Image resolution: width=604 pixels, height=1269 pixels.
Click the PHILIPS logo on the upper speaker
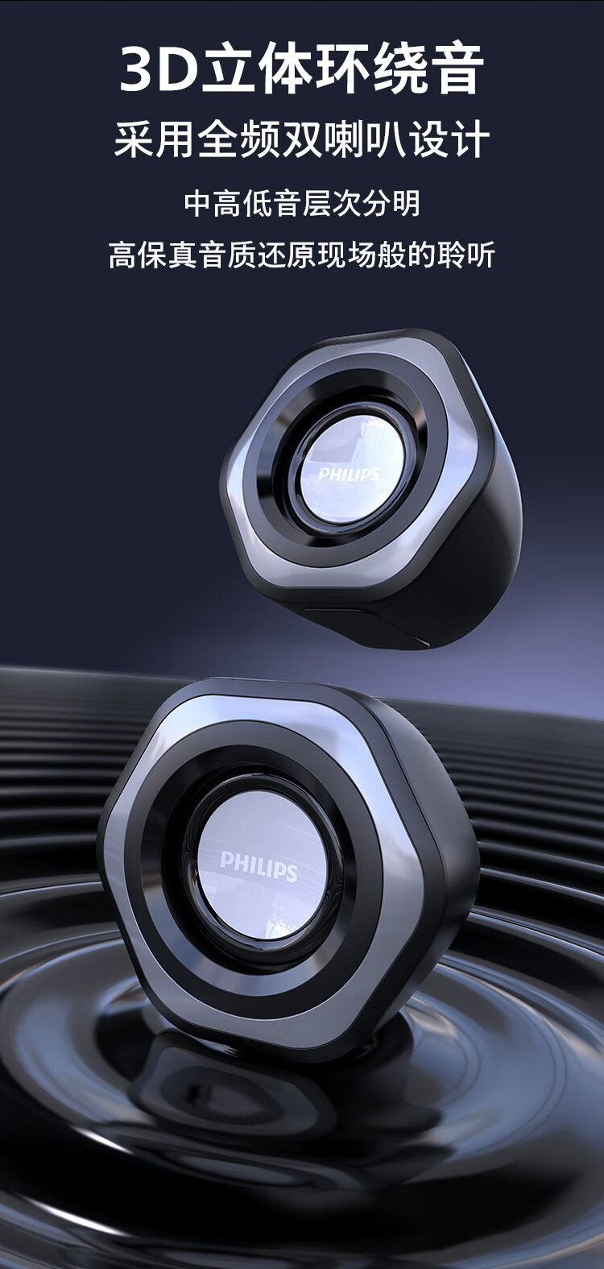[x=348, y=474]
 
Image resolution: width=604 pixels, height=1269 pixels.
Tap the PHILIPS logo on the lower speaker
[x=259, y=865]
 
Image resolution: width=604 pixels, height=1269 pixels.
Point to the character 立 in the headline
[x=228, y=69]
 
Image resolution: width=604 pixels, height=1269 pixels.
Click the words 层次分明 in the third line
[x=361, y=204]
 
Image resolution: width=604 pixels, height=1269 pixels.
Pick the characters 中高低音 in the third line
[x=243, y=204]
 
